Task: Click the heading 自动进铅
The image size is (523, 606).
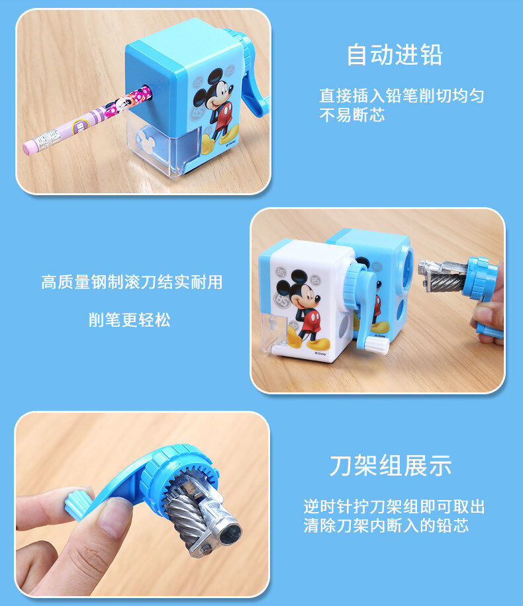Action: (x=394, y=55)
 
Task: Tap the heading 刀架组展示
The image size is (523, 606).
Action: (x=390, y=465)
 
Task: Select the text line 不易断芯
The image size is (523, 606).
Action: (x=352, y=115)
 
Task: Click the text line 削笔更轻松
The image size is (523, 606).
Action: (x=130, y=320)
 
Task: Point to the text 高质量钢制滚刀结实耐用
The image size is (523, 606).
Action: (x=132, y=282)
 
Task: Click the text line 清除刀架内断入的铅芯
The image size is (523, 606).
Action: (x=386, y=526)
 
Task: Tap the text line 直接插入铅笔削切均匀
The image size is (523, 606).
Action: (x=402, y=96)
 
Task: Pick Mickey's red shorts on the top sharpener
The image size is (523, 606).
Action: (x=221, y=112)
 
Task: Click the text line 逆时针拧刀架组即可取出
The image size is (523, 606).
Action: (x=394, y=507)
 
